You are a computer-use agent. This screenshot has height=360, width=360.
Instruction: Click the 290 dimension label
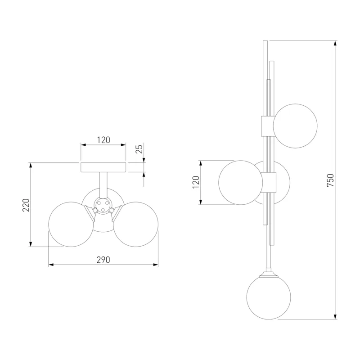(103, 260)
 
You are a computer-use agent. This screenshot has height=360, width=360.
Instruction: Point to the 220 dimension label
(26, 205)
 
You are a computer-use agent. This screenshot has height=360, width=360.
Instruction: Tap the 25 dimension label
(139, 149)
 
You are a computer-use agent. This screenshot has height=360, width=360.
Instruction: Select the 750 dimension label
(330, 180)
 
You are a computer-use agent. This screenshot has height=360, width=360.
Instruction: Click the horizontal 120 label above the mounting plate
(103, 140)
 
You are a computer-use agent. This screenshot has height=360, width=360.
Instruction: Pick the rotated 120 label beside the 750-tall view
(196, 182)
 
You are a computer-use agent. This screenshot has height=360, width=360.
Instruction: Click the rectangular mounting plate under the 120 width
(103, 167)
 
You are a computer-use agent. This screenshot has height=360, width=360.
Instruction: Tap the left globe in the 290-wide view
(71, 224)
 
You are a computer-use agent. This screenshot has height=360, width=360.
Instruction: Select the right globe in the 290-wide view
(136, 224)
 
